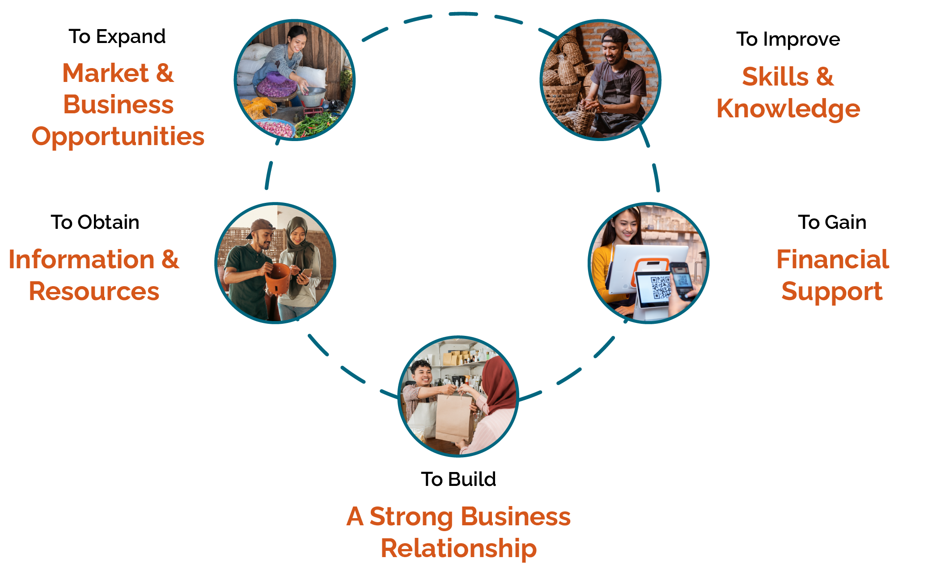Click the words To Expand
pyautogui.click(x=117, y=37)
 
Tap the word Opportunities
pyautogui.click(x=118, y=137)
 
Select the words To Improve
pyautogui.click(x=788, y=39)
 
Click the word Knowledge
pyautogui.click(x=788, y=109)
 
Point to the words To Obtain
pyautogui.click(x=95, y=222)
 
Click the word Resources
pyautogui.click(x=94, y=292)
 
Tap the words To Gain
pyautogui.click(x=832, y=222)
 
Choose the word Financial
pyautogui.click(x=833, y=259)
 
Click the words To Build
pyautogui.click(x=458, y=479)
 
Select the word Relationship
pyautogui.click(x=458, y=549)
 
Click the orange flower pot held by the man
pyautogui.click(x=277, y=278)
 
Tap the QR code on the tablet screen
pyautogui.click(x=661, y=287)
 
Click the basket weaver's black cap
pyautogui.click(x=614, y=36)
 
